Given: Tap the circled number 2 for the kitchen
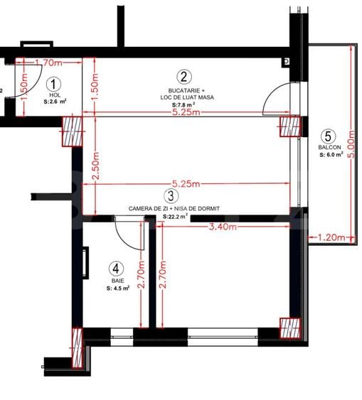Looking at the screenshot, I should (183, 77).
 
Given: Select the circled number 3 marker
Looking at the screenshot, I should (169, 195).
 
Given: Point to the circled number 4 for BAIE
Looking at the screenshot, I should (115, 269).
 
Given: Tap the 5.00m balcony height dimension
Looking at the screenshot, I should (351, 146).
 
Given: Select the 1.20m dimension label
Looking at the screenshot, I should (332, 237).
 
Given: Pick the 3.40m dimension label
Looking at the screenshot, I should (225, 227).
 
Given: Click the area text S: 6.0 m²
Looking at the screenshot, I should (331, 154).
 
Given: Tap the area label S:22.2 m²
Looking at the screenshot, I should (175, 216).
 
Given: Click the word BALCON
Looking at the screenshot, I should (329, 148).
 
